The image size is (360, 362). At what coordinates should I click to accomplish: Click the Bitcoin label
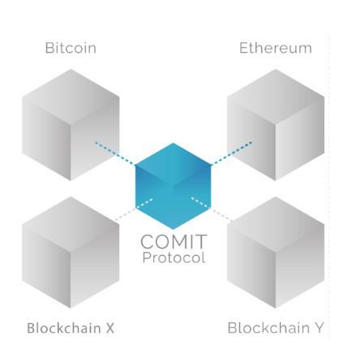[71, 48]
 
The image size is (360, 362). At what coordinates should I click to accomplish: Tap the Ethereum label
[276, 48]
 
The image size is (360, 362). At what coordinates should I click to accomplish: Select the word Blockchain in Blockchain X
[64, 328]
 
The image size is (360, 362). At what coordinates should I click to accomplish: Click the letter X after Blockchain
[109, 328]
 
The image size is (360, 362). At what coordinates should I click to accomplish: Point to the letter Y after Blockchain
[319, 328]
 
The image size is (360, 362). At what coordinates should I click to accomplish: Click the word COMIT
[174, 241]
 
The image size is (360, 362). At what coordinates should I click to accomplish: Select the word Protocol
[174, 258]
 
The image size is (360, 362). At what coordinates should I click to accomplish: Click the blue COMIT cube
[173, 186]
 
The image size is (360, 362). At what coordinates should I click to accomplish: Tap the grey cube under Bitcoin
[71, 125]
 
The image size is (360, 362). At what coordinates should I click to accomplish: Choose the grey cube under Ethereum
[276, 125]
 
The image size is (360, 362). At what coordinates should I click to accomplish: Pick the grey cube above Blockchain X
[71, 253]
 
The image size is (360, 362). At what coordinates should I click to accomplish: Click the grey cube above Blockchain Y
[276, 253]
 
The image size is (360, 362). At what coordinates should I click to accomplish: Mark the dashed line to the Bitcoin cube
[115, 153]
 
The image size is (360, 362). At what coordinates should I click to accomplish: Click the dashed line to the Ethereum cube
[231, 153]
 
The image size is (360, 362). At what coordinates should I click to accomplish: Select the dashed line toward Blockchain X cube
[134, 210]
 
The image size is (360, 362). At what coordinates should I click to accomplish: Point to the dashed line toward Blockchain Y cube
[212, 209]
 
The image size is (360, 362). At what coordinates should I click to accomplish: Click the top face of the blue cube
[173, 164]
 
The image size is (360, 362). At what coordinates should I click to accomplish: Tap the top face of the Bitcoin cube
[71, 96]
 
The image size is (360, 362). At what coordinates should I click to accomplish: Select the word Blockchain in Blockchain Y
[268, 328]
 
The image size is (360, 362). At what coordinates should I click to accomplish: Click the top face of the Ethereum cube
[276, 96]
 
